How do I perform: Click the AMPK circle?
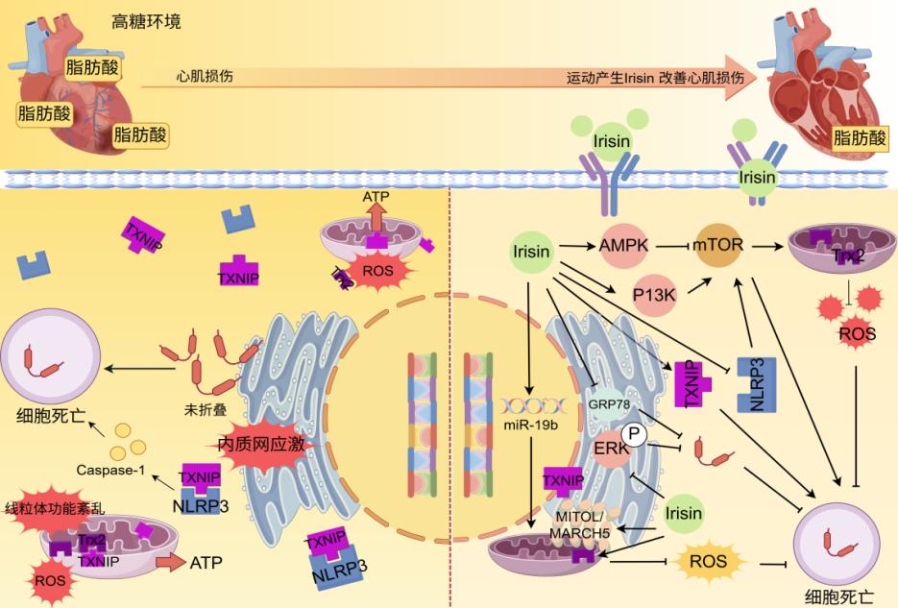[x=623, y=246]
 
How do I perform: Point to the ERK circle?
[x=606, y=449]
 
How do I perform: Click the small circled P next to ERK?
[x=633, y=433]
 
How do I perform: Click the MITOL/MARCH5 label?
[x=583, y=522]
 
